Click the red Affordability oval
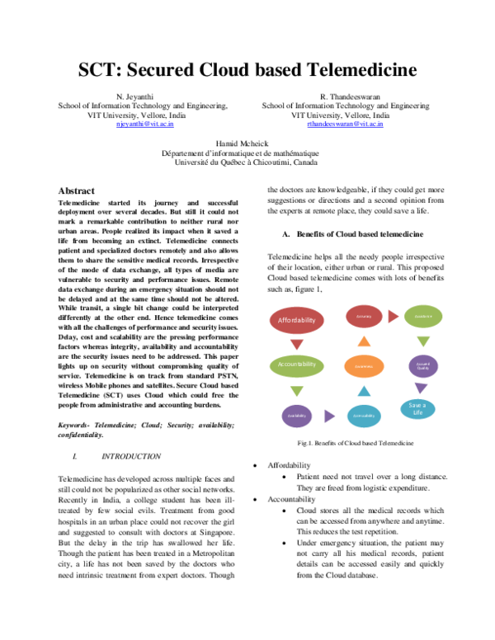(297, 319)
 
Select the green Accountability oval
(297, 365)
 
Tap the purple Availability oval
(297, 416)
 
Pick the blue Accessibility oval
(364, 416)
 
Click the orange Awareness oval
(364, 365)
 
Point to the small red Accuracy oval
(364, 316)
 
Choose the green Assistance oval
(423, 316)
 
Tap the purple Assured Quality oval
(423, 365)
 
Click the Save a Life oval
(418, 408)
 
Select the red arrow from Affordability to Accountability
(297, 343)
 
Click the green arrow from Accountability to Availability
(297, 391)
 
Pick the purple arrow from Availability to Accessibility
(329, 416)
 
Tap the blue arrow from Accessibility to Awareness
(365, 391)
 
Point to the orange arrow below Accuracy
(365, 341)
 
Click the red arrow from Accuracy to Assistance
(394, 316)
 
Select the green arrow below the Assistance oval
(423, 341)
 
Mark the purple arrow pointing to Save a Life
(421, 388)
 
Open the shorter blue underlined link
(145, 124)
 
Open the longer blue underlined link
(345, 124)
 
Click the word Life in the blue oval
(418, 412)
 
